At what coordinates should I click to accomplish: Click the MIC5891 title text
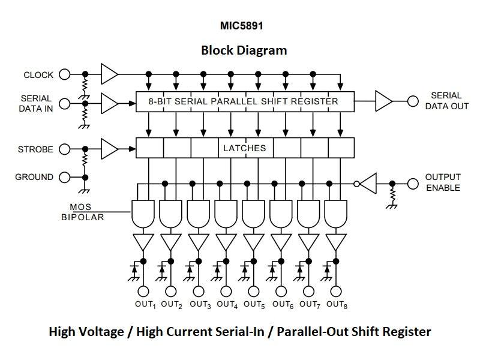(x=242, y=26)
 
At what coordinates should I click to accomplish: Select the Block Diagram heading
(x=244, y=50)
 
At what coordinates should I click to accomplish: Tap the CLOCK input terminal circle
(x=65, y=75)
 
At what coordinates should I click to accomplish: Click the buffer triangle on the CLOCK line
(x=109, y=74)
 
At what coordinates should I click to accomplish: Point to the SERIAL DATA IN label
(x=37, y=103)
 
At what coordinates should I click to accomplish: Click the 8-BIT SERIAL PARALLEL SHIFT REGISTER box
(x=245, y=102)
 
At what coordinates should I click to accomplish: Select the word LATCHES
(x=244, y=148)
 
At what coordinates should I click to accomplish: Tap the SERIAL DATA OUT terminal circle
(x=413, y=101)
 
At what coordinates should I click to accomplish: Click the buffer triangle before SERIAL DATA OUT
(x=383, y=101)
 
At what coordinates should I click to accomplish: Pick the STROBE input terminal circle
(x=65, y=149)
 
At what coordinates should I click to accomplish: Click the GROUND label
(x=34, y=177)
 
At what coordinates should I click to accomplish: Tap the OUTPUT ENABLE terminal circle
(x=413, y=183)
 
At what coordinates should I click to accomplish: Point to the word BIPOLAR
(x=82, y=217)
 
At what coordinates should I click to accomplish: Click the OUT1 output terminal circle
(x=143, y=292)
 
